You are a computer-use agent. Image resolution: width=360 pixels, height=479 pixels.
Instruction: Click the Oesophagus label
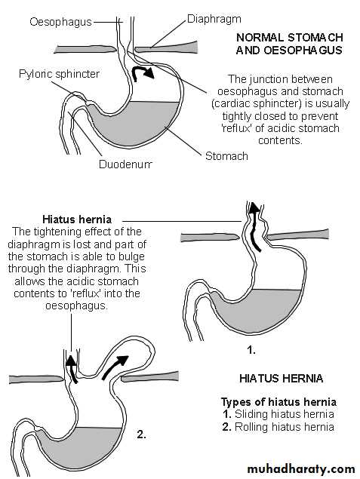(x=60, y=22)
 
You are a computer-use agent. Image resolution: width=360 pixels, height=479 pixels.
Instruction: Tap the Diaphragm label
(x=214, y=19)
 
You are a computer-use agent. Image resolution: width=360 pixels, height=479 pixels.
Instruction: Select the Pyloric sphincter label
(x=60, y=74)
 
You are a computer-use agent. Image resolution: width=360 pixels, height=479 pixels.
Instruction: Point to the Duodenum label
(x=125, y=164)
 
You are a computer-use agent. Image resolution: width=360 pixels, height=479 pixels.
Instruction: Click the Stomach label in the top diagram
(x=226, y=156)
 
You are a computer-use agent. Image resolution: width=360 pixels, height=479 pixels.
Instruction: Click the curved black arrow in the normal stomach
(x=142, y=72)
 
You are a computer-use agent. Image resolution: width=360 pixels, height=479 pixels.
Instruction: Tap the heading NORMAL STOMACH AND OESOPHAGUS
(x=289, y=44)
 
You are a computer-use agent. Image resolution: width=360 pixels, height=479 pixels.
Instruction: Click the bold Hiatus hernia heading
(x=77, y=220)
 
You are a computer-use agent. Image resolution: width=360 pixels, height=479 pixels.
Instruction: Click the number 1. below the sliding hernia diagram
(x=251, y=350)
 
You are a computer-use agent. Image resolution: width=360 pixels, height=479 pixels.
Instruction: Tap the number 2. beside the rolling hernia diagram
(x=141, y=434)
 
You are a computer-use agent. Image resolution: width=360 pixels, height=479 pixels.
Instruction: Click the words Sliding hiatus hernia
(x=285, y=414)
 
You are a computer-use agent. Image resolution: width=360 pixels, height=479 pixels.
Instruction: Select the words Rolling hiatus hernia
(x=285, y=427)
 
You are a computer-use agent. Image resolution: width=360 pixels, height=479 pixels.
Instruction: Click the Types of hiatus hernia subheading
(x=278, y=402)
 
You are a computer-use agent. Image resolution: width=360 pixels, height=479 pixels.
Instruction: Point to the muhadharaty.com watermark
(x=301, y=468)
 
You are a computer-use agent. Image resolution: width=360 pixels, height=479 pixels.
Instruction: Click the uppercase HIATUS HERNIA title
(x=282, y=379)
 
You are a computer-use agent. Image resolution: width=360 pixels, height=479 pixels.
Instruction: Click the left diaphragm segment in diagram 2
(x=36, y=379)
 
